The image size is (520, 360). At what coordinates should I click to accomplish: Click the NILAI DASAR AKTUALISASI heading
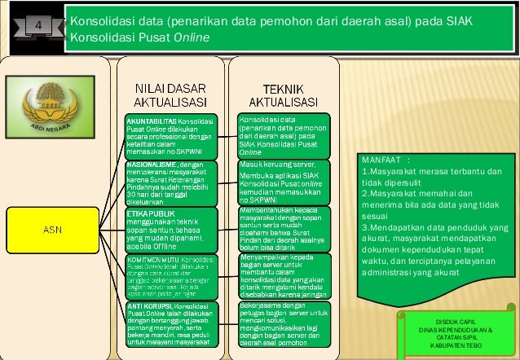click(x=170, y=95)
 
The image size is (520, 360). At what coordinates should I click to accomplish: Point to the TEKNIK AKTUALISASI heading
click(x=283, y=95)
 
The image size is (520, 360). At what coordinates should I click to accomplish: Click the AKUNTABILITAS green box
click(x=170, y=135)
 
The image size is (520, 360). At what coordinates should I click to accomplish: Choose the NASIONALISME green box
click(x=170, y=182)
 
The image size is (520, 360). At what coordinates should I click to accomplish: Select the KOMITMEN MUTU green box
click(x=170, y=276)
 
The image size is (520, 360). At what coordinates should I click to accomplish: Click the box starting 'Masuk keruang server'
click(x=284, y=182)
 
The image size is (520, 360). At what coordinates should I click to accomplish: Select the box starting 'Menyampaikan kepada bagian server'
click(x=284, y=276)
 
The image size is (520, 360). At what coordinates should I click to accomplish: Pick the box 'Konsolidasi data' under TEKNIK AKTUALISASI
click(x=284, y=135)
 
